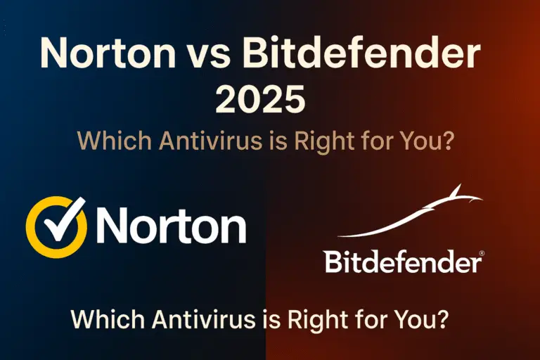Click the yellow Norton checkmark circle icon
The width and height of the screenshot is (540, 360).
[55, 225]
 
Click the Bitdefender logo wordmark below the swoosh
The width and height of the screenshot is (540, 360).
[401, 263]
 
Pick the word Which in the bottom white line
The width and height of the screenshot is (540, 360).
[106, 321]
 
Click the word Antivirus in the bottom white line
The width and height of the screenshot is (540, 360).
[200, 321]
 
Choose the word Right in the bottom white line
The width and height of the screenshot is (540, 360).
[314, 321]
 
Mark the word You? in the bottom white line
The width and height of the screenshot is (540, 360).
[423, 321]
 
